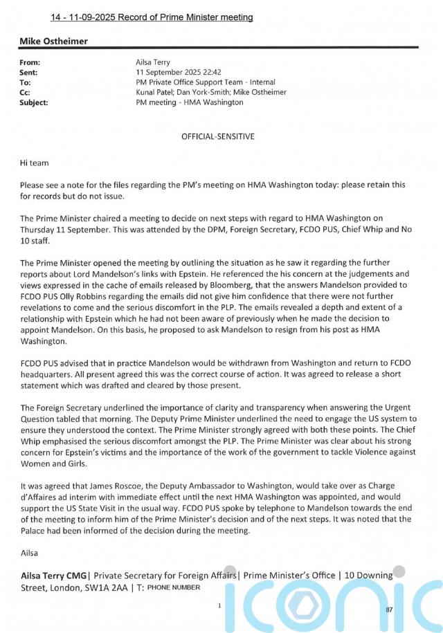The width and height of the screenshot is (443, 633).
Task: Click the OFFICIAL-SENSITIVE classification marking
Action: click(x=217, y=136)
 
